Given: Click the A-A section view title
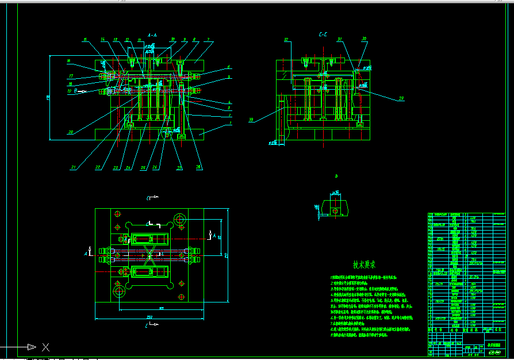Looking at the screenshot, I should pos(152,35).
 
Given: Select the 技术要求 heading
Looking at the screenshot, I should pos(364,265).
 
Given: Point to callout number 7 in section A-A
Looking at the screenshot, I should pos(208,40).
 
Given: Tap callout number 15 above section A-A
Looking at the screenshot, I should pos(85,40).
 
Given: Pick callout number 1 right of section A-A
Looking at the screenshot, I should pos(230,123).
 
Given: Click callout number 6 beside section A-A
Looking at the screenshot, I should pos(228,67).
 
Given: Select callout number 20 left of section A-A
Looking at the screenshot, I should pos(70,132).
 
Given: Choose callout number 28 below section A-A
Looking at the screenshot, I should pos(198,167).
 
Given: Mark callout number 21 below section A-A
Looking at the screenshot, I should pos(74,167).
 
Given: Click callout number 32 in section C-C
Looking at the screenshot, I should pos(286,40).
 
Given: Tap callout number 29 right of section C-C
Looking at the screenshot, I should pos(401,98).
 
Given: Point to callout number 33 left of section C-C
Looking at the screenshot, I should pos(251,120).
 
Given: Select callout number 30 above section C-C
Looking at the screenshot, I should pos(364,39).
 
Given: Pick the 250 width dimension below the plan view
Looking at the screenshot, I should pos(149,317).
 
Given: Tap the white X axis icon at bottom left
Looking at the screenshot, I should pos(45,347).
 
